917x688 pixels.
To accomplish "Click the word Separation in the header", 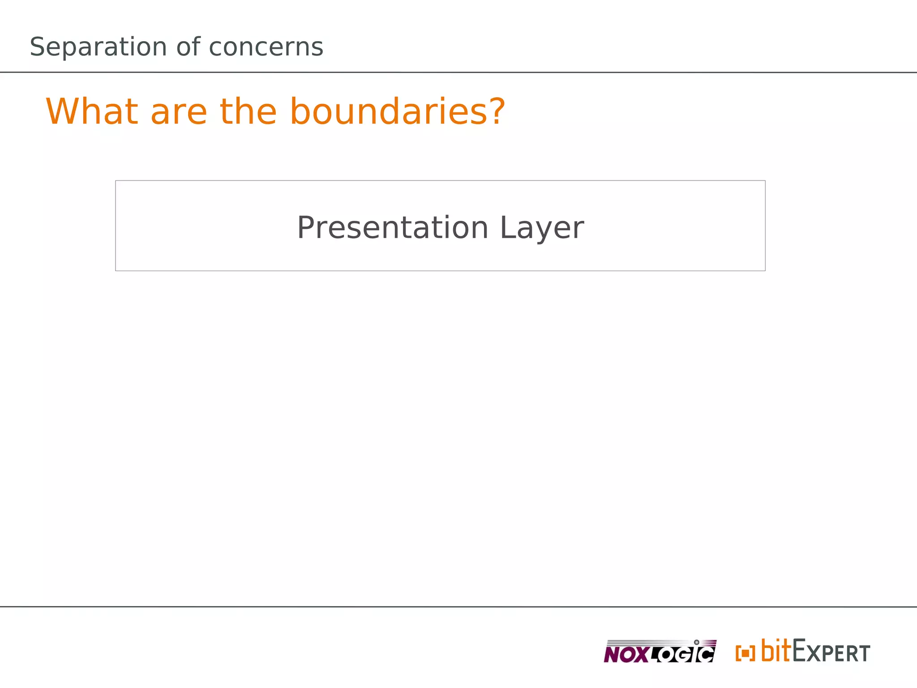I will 98,47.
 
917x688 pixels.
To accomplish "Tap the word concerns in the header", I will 266,47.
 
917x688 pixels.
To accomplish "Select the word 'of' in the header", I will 188,47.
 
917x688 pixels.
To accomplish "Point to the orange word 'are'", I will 179,112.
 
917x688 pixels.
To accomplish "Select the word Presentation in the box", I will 392,228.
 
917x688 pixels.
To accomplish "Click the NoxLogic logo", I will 660,652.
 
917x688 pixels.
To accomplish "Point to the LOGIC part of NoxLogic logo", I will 683,654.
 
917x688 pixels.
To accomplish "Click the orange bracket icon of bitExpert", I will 745,653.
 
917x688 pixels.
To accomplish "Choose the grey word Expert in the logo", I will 831,652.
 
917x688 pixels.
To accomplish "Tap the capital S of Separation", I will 38,47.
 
